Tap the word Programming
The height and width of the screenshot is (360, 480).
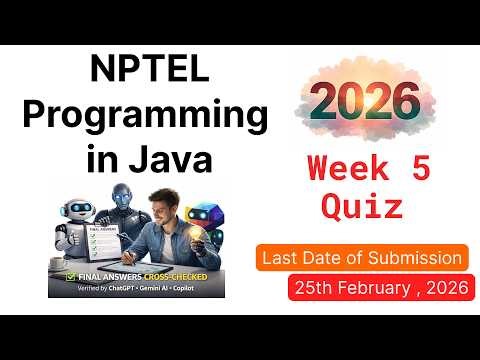(x=145, y=116)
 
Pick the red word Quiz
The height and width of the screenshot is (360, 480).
(x=362, y=206)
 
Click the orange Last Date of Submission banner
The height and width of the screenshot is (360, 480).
(x=362, y=258)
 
